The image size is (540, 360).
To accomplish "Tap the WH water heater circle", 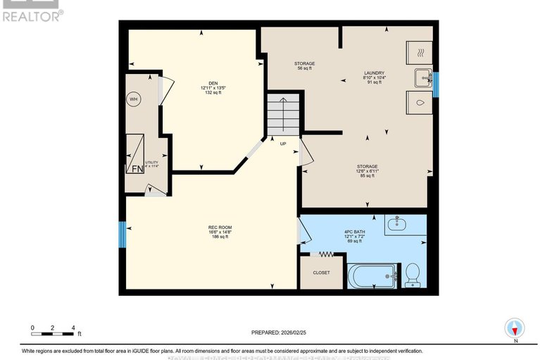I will (x=133, y=100).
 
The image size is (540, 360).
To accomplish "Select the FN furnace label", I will (x=137, y=168).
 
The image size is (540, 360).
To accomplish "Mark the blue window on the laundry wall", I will (x=436, y=85).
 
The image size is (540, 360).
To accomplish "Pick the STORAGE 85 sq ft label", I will (x=367, y=170).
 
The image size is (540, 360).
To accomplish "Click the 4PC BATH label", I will (x=353, y=236).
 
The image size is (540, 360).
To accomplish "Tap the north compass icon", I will (x=515, y=328).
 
